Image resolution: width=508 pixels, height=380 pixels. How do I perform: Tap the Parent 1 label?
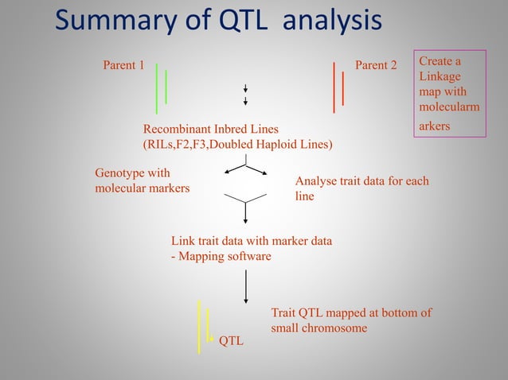[x=123, y=65]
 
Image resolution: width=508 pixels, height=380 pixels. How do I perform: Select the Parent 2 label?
[x=375, y=65]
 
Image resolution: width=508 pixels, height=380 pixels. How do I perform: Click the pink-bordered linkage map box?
[x=450, y=95]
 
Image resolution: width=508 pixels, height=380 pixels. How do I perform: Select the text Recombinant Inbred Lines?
[x=211, y=129]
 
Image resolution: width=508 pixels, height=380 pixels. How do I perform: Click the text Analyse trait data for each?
[x=361, y=181]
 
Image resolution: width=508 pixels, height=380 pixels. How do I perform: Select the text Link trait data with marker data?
[x=252, y=241]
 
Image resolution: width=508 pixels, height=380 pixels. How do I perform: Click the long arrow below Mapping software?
[x=245, y=286]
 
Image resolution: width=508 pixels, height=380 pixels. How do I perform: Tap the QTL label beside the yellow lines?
[x=231, y=341]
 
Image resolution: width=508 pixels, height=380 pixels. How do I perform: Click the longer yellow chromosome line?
[x=199, y=326]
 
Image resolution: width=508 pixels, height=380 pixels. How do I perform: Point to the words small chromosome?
[x=318, y=328]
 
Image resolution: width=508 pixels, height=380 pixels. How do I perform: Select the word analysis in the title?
[x=334, y=21]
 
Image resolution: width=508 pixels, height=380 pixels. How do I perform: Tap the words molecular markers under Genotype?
[x=143, y=188]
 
